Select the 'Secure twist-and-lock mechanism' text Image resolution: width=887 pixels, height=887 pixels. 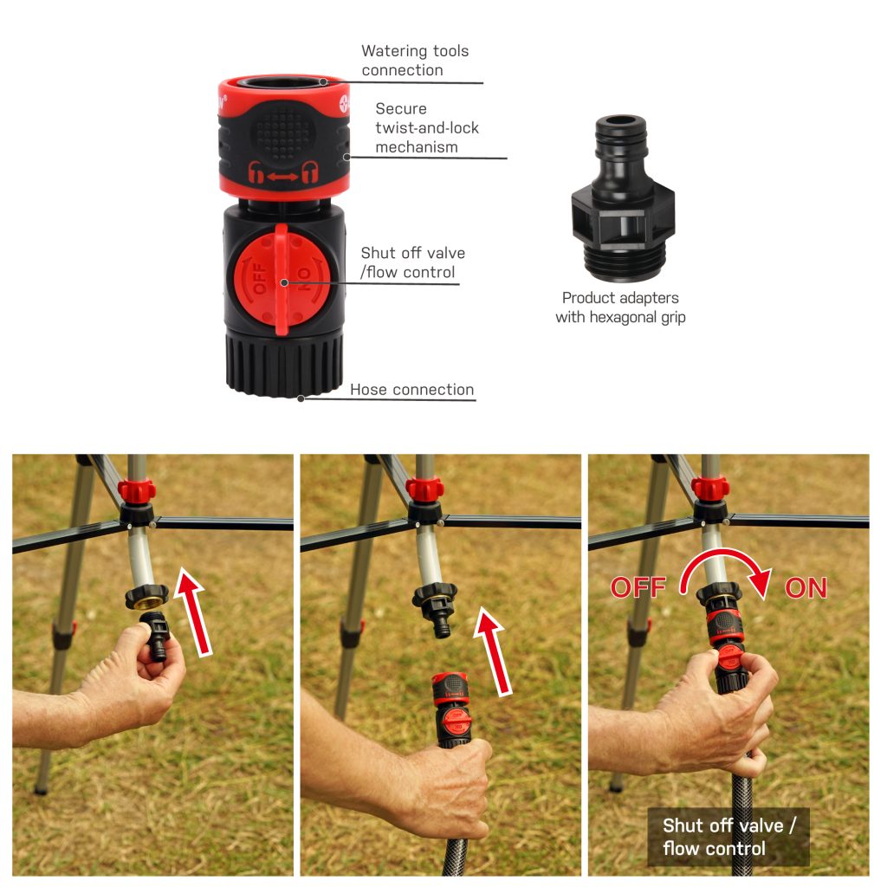click(x=427, y=128)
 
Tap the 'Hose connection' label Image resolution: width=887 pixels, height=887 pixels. click(x=411, y=390)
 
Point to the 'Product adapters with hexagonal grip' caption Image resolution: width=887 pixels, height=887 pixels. click(x=620, y=308)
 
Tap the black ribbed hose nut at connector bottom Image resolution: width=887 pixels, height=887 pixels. click(x=284, y=365)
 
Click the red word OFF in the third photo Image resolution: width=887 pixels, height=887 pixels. click(x=638, y=588)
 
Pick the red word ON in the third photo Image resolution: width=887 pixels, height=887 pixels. click(x=806, y=589)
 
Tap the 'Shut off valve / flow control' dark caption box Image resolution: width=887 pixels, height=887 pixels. click(x=728, y=837)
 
